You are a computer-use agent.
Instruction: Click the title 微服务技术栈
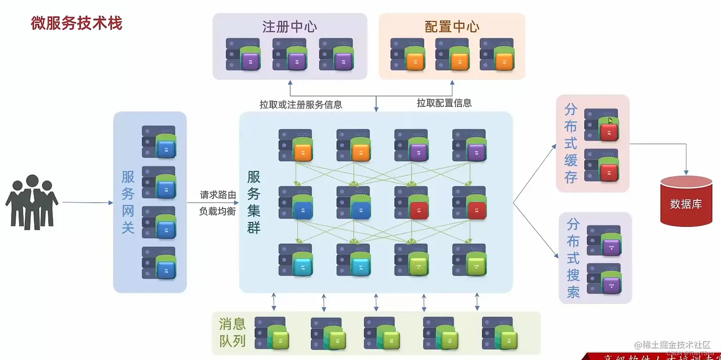76,23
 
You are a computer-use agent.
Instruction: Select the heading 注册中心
289,27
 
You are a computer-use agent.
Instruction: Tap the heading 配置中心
452,27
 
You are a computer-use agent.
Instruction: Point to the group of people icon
32,202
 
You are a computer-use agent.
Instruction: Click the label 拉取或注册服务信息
300,104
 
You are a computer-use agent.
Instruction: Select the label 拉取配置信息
444,103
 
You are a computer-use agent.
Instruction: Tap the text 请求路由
218,195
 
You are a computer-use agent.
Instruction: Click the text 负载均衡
217,211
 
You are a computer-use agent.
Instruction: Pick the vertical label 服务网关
128,202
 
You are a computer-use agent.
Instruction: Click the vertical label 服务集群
254,202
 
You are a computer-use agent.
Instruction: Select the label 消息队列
232,333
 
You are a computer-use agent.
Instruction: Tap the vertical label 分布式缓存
571,144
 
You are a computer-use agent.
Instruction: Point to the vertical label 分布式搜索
573,257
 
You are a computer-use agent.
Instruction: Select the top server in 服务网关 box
159,142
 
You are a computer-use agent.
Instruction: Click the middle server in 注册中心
290,54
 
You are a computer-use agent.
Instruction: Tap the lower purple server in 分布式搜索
605,279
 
